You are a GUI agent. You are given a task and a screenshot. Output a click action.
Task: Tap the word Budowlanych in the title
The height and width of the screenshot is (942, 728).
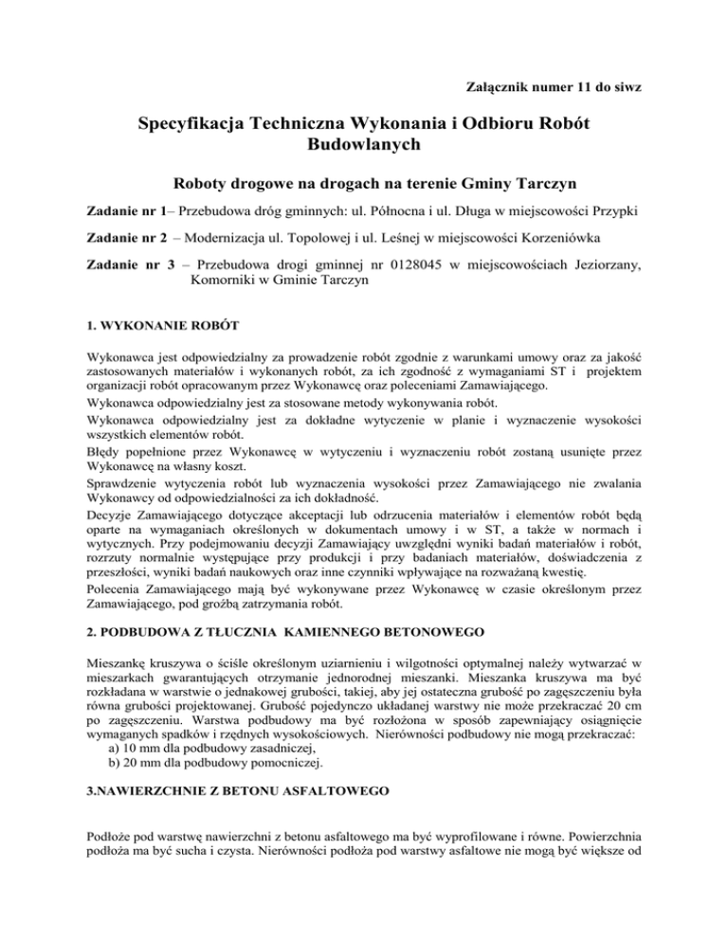(364, 148)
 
